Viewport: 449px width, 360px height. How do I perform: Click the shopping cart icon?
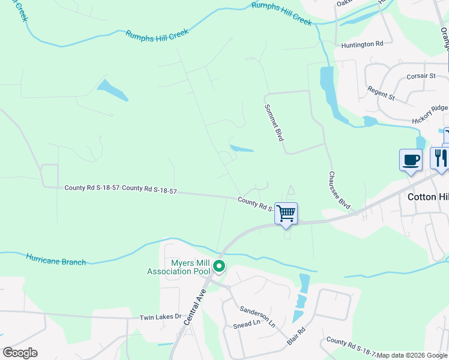coord(286,213)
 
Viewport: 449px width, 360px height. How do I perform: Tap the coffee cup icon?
coord(411,160)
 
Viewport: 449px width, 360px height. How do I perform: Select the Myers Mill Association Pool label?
coord(179,267)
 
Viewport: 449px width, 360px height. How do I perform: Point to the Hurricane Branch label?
coord(56,259)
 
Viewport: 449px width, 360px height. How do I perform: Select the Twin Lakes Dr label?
coord(160,317)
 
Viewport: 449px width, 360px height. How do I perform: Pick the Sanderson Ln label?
coord(258,314)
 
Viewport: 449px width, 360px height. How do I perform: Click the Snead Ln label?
coord(247,324)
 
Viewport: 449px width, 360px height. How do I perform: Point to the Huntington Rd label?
coord(362,44)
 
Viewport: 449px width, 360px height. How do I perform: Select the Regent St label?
coord(381,92)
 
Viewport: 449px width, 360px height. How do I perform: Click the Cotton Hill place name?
coord(428,197)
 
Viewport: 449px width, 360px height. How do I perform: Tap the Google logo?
coord(20,353)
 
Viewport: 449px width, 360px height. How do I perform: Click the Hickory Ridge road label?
coord(430,114)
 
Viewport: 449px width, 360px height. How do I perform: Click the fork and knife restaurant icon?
coord(439,158)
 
